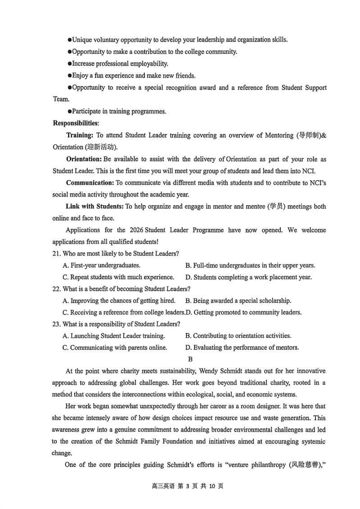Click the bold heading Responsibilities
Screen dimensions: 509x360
click(76, 123)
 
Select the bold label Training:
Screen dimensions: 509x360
click(80, 135)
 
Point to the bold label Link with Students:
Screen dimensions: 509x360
click(94, 206)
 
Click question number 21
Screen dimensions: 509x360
click(57, 254)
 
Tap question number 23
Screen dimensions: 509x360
click(57, 324)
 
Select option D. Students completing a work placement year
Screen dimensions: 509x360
click(248, 277)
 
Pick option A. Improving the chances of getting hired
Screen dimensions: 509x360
click(119, 300)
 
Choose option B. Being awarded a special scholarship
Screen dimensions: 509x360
click(238, 300)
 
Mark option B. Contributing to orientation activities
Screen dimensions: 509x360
click(238, 335)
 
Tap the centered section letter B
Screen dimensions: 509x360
click(190, 359)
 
